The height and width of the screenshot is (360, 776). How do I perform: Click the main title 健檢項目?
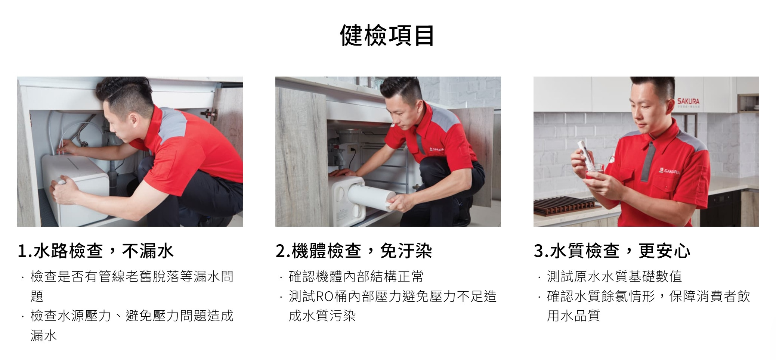pyautogui.click(x=387, y=35)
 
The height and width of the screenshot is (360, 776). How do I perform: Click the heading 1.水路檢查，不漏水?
pyautogui.click(x=96, y=251)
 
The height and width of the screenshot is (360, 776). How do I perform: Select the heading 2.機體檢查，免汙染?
pyautogui.click(x=354, y=251)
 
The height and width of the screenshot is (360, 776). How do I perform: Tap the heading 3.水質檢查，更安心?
pyautogui.click(x=612, y=251)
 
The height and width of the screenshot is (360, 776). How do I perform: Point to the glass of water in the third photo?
pyautogui.click(x=594, y=171)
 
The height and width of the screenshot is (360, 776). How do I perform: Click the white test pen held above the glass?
pyautogui.click(x=584, y=153)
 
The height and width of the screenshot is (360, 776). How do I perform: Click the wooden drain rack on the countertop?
pyautogui.click(x=565, y=206)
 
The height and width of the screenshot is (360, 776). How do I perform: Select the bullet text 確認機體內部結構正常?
pyautogui.click(x=356, y=277)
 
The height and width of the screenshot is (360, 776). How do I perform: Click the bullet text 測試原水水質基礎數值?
pyautogui.click(x=614, y=277)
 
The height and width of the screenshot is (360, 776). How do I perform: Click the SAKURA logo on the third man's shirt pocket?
pyautogui.click(x=670, y=171)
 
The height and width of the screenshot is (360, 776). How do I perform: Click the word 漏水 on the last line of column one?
pyautogui.click(x=44, y=335)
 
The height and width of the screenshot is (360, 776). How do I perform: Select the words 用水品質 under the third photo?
pyautogui.click(x=574, y=316)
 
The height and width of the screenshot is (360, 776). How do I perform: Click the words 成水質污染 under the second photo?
pyautogui.click(x=322, y=316)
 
